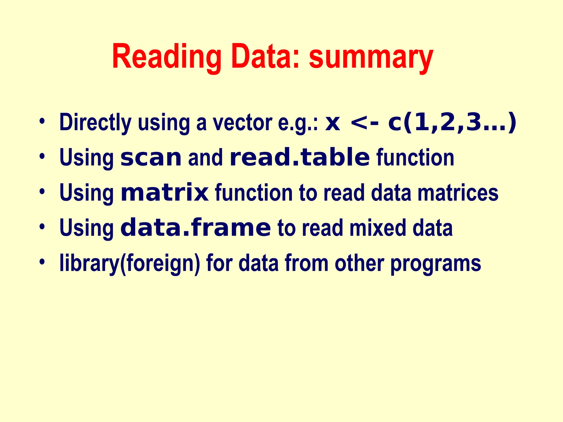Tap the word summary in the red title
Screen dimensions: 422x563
tap(371, 58)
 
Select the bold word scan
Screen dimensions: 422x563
tap(151, 157)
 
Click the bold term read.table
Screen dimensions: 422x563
tap(300, 157)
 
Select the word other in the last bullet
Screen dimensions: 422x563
tap(359, 263)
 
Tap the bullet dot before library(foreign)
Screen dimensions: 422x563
tap(42, 262)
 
